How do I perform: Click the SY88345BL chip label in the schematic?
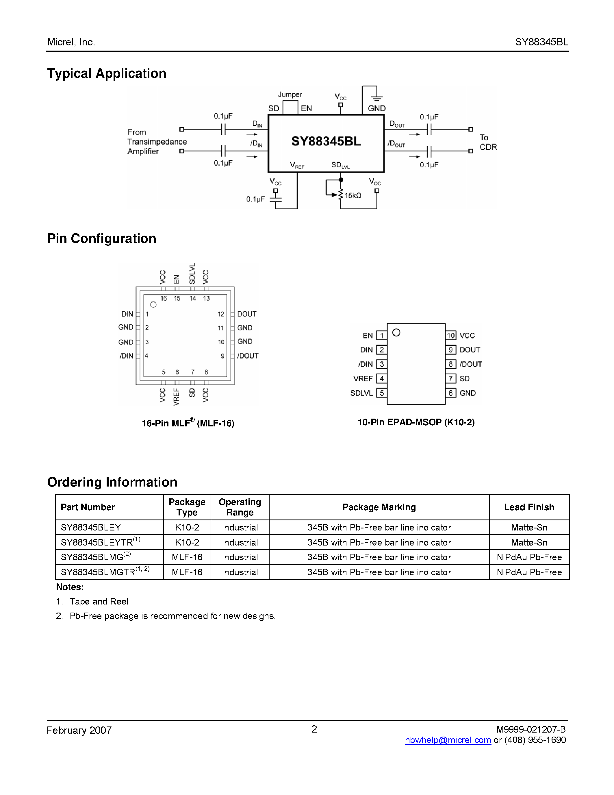(326, 141)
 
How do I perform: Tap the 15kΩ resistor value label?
(353, 195)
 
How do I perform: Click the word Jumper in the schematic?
(290, 94)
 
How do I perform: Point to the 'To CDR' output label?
(488, 142)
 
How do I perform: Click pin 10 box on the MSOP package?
(451, 335)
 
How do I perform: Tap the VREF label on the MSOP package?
(363, 379)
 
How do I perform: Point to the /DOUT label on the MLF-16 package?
(248, 356)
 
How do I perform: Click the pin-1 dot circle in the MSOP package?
(396, 332)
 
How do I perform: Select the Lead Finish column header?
(529, 507)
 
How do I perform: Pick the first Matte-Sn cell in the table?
(529, 528)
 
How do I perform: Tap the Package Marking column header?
(379, 507)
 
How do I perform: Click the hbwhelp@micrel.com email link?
(448, 740)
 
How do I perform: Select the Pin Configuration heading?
(101, 238)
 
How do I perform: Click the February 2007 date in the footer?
(79, 730)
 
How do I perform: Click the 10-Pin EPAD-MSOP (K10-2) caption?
(416, 422)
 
